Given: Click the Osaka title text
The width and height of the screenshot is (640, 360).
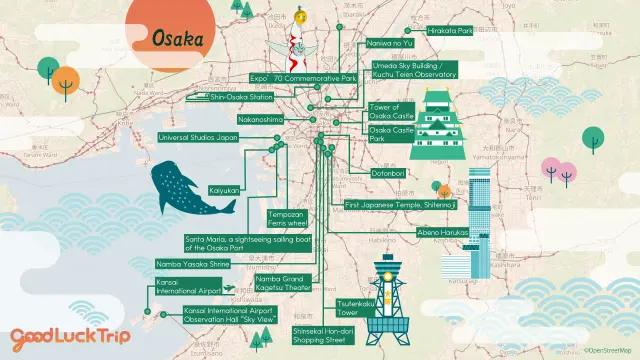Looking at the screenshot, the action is coord(177,39).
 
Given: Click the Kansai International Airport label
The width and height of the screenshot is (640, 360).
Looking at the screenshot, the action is coord(187,287).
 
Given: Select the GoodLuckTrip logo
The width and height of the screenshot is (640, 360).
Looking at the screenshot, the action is coord(70,336).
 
